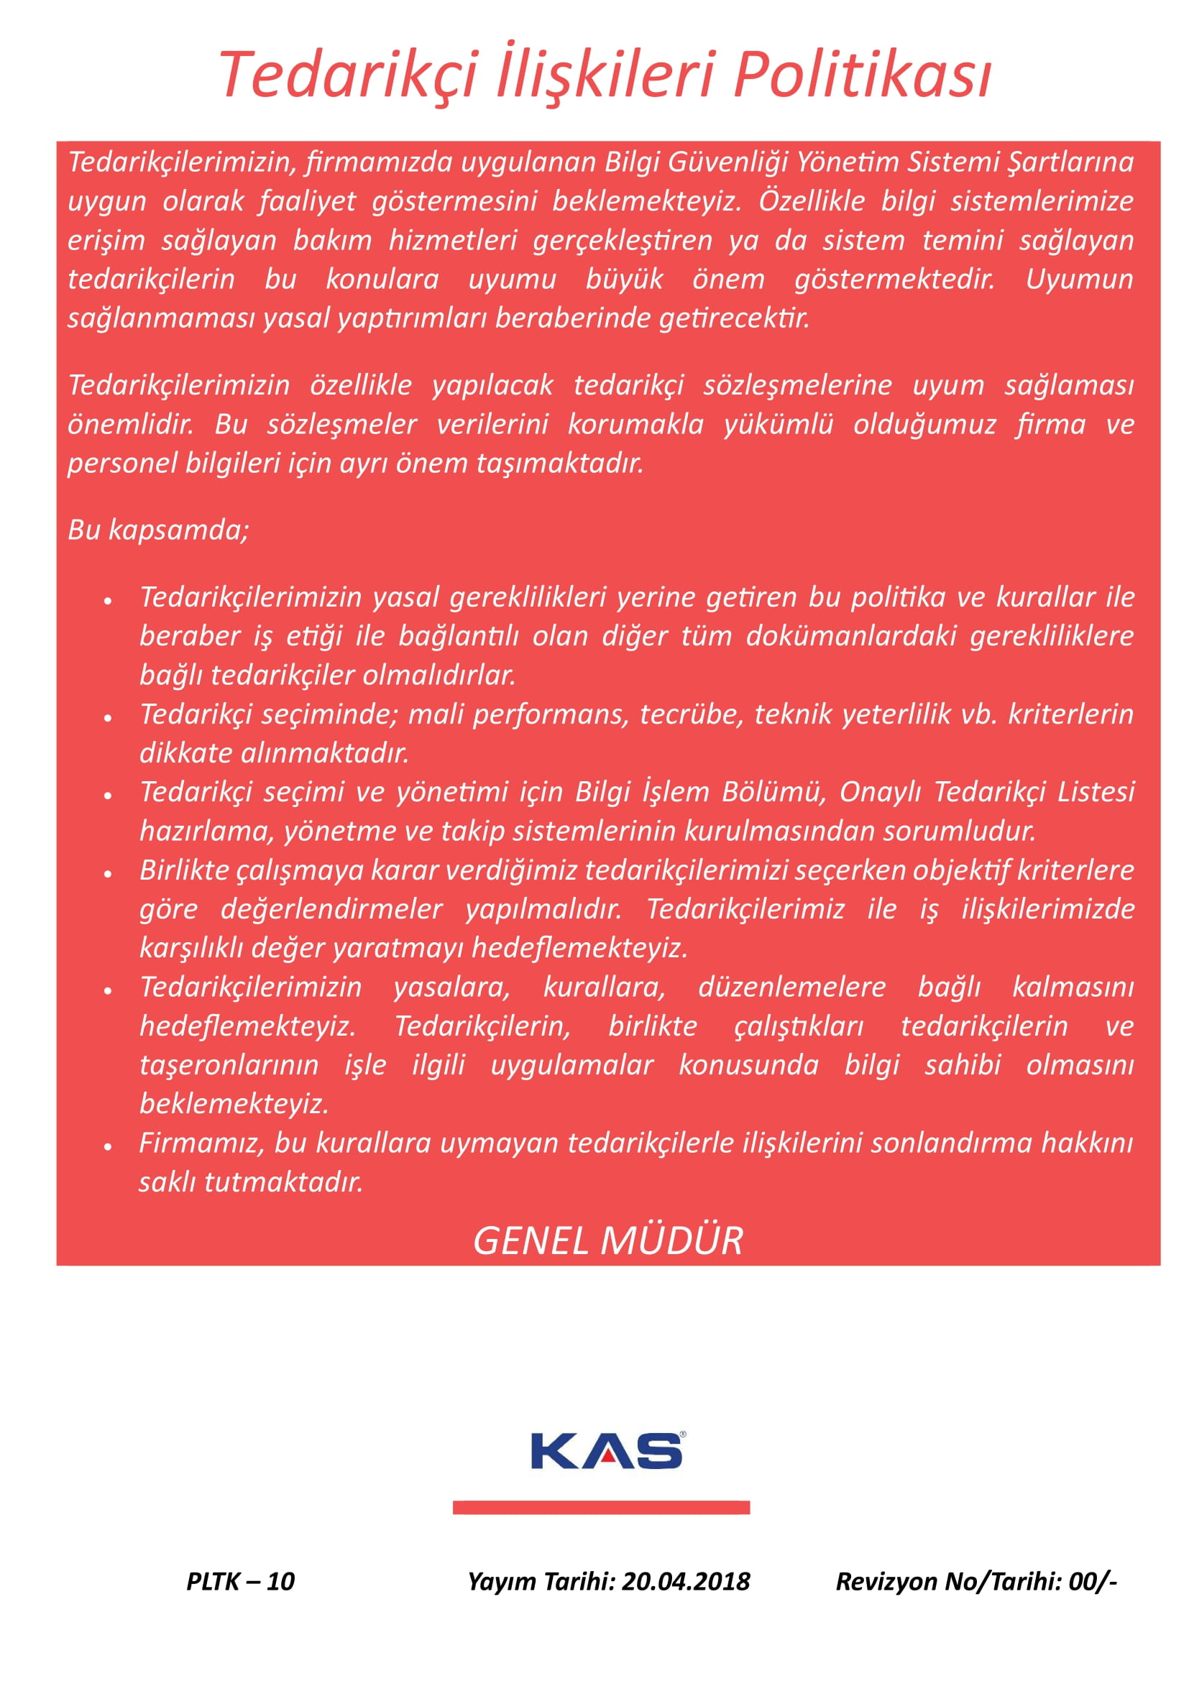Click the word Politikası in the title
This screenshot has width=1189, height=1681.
coord(862,75)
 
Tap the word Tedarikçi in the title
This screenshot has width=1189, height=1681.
coord(349,75)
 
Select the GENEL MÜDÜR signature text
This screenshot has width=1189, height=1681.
coord(607,1241)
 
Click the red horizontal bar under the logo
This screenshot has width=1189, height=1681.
coord(601,1508)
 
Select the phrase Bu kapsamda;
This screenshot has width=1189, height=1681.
coord(158,530)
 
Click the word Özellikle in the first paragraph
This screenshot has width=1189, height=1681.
coord(811,201)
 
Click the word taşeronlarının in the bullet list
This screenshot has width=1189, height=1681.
coord(229,1064)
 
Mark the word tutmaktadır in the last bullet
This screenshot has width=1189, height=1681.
coord(283,1182)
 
